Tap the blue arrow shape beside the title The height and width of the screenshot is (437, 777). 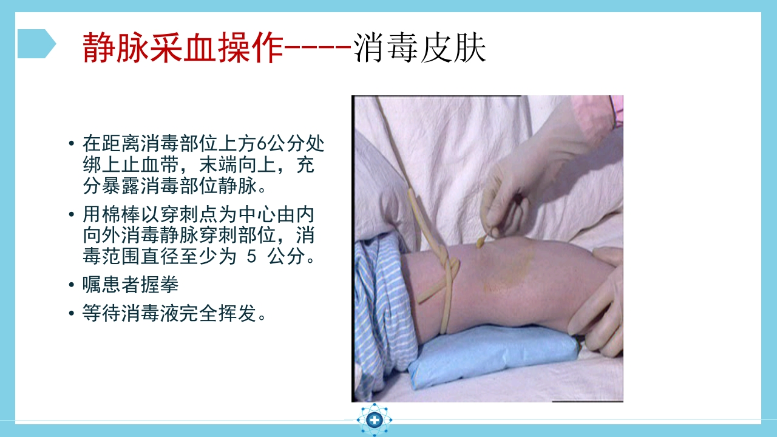[36, 44]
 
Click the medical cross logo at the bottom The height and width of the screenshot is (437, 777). [375, 419]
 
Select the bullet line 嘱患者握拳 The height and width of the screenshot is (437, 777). [131, 285]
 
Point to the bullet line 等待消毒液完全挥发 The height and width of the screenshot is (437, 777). [175, 313]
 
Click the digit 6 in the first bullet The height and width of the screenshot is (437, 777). [262, 144]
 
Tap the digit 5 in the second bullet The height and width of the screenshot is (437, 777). [252, 256]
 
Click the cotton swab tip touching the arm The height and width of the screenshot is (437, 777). [481, 242]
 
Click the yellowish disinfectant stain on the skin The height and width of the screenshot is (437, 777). [507, 270]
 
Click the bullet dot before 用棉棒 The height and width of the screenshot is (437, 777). [72, 215]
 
